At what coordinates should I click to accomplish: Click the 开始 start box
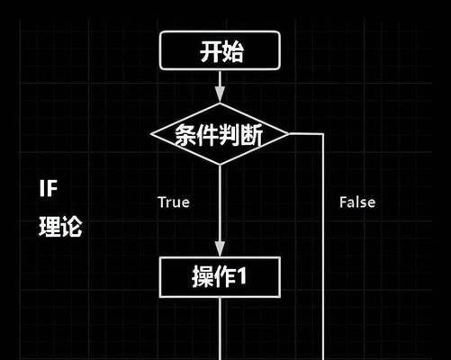(x=220, y=50)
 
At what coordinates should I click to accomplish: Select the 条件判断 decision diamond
(x=220, y=134)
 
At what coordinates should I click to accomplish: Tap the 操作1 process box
(x=220, y=277)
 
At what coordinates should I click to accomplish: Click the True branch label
(x=174, y=202)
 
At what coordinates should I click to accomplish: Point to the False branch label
(x=357, y=202)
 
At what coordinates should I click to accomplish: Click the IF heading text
(x=48, y=188)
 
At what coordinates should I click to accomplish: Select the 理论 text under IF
(x=60, y=227)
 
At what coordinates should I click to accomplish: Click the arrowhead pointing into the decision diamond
(x=220, y=94)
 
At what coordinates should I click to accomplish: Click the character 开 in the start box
(x=211, y=51)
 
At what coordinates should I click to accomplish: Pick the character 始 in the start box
(x=232, y=51)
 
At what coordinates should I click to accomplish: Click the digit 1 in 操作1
(x=241, y=276)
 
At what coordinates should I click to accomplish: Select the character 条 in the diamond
(x=186, y=135)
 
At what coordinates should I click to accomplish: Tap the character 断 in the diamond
(x=252, y=135)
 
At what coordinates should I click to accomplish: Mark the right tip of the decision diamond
(x=289, y=134)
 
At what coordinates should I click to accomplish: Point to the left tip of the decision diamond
(x=151, y=134)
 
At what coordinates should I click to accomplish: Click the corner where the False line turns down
(x=323, y=134)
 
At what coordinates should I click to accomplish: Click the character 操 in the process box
(x=203, y=276)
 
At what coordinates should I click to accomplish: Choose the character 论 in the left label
(x=71, y=227)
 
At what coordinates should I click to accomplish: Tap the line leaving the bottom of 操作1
(x=220, y=328)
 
